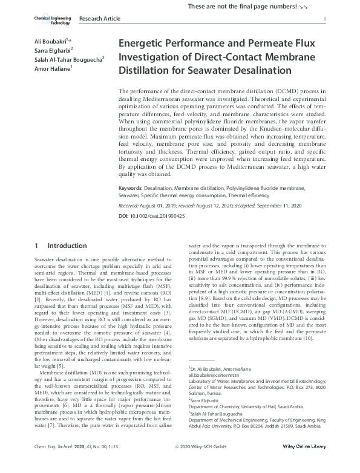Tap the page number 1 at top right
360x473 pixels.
coord(326,20)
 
